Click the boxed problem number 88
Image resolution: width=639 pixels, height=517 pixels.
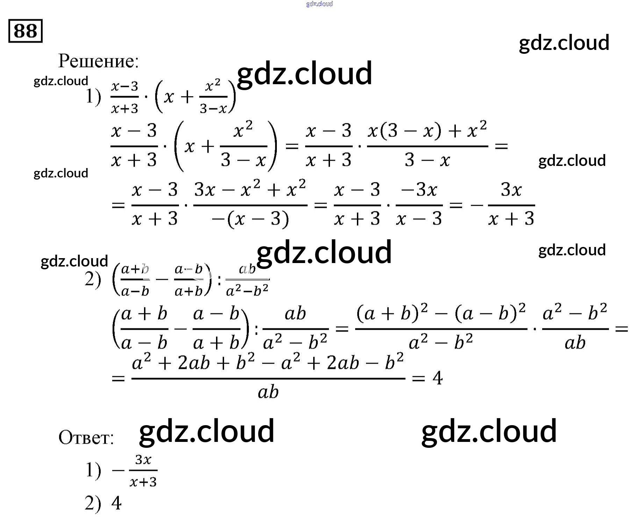(25, 31)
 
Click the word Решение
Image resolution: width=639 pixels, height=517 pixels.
(98, 61)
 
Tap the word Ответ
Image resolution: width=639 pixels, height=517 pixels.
(86, 437)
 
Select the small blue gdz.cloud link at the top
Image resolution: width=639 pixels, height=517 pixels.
(319, 4)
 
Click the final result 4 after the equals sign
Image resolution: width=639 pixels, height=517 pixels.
(437, 378)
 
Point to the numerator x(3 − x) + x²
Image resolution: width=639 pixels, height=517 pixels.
(427, 131)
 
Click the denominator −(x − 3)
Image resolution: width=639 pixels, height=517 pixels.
(250, 219)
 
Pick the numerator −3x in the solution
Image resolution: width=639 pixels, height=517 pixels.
(419, 190)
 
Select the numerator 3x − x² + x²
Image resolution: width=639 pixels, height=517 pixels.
(250, 190)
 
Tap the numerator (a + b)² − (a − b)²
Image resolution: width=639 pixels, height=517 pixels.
(441, 313)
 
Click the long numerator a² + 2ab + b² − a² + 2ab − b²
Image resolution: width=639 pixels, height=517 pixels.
(268, 363)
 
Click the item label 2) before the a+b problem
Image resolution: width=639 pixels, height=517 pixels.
(93, 279)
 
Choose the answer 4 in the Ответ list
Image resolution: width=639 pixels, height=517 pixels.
(116, 503)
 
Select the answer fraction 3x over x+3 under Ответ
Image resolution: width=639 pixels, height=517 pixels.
(143, 471)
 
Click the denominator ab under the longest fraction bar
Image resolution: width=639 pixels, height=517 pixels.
(268, 392)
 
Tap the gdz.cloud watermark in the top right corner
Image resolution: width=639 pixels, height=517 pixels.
(564, 43)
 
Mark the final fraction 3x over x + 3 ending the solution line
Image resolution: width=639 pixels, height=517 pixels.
(511, 205)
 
